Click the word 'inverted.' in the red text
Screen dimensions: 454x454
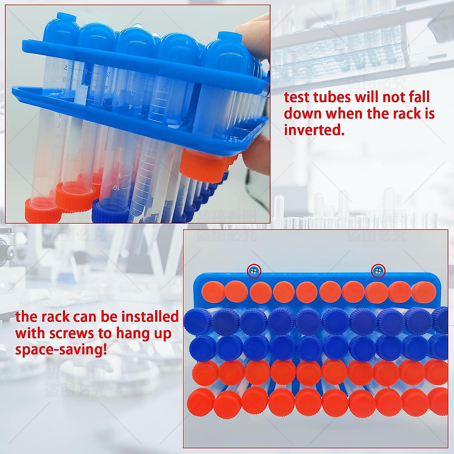tap(314, 130)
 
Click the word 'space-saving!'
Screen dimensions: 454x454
tap(61, 350)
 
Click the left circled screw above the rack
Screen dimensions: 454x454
tap(254, 271)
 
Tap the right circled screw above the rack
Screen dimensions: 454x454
tap(378, 271)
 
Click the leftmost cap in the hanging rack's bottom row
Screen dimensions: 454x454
tap(200, 401)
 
